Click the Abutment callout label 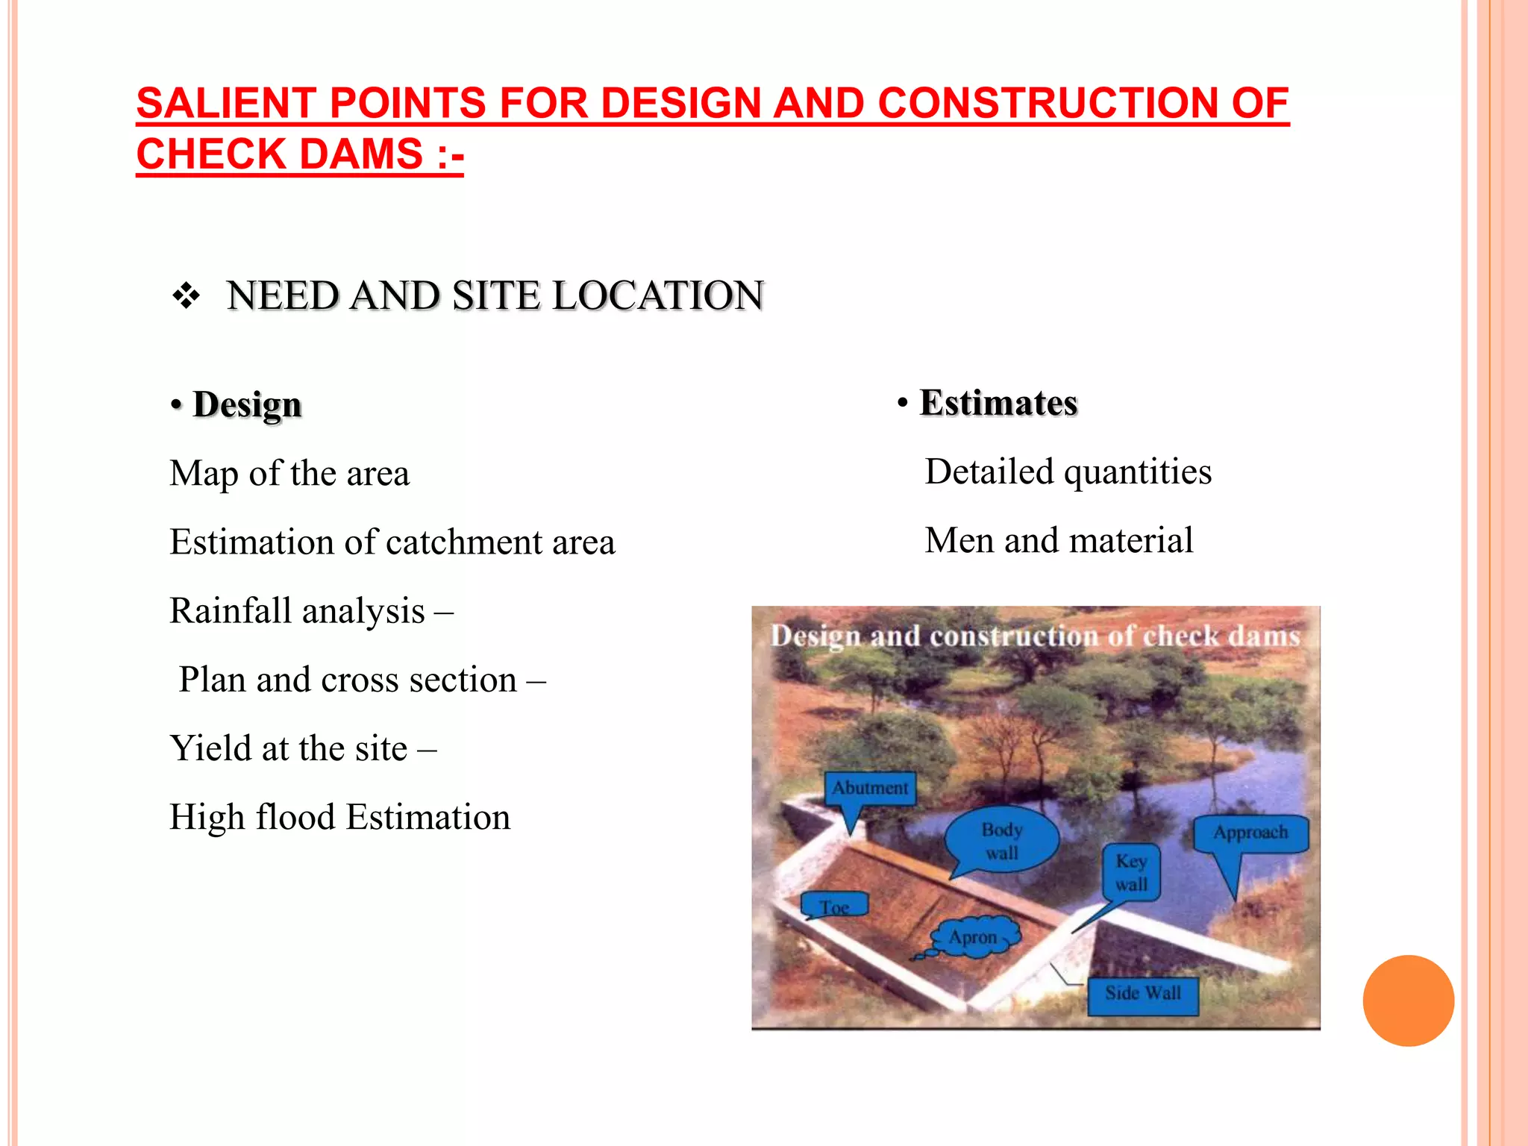pyautogui.click(x=870, y=789)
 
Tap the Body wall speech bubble pyautogui.click(x=1001, y=841)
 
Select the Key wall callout pyautogui.click(x=1131, y=872)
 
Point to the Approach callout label pyautogui.click(x=1250, y=833)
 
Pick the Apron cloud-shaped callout pyautogui.click(x=974, y=936)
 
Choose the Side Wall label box pyautogui.click(x=1143, y=994)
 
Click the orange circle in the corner pyautogui.click(x=1408, y=1001)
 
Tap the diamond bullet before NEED pyautogui.click(x=186, y=296)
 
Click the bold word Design pyautogui.click(x=247, y=404)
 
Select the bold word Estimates pyautogui.click(x=998, y=403)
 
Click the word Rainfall pyautogui.click(x=230, y=611)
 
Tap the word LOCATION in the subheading pyautogui.click(x=658, y=295)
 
